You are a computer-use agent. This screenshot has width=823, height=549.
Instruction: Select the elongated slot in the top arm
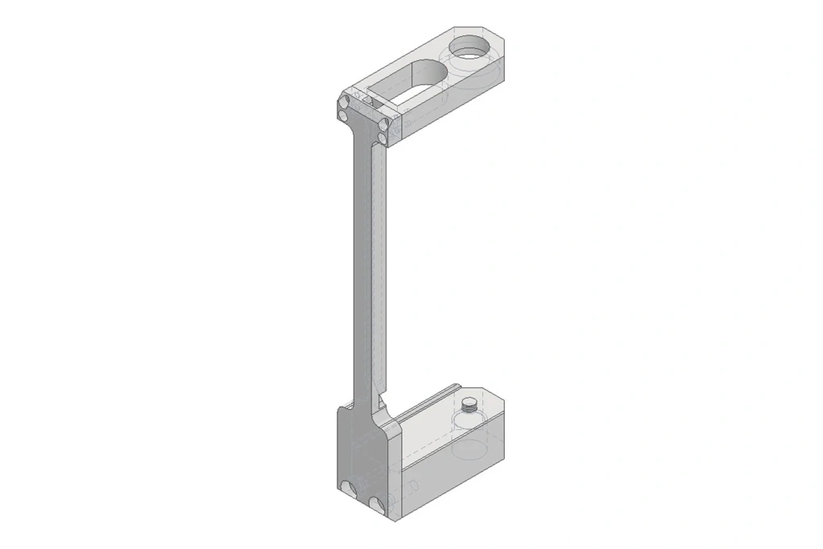click(x=418, y=80)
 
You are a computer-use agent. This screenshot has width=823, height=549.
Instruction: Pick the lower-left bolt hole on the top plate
click(x=344, y=117)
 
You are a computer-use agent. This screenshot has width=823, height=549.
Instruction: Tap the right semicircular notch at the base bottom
click(x=378, y=504)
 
